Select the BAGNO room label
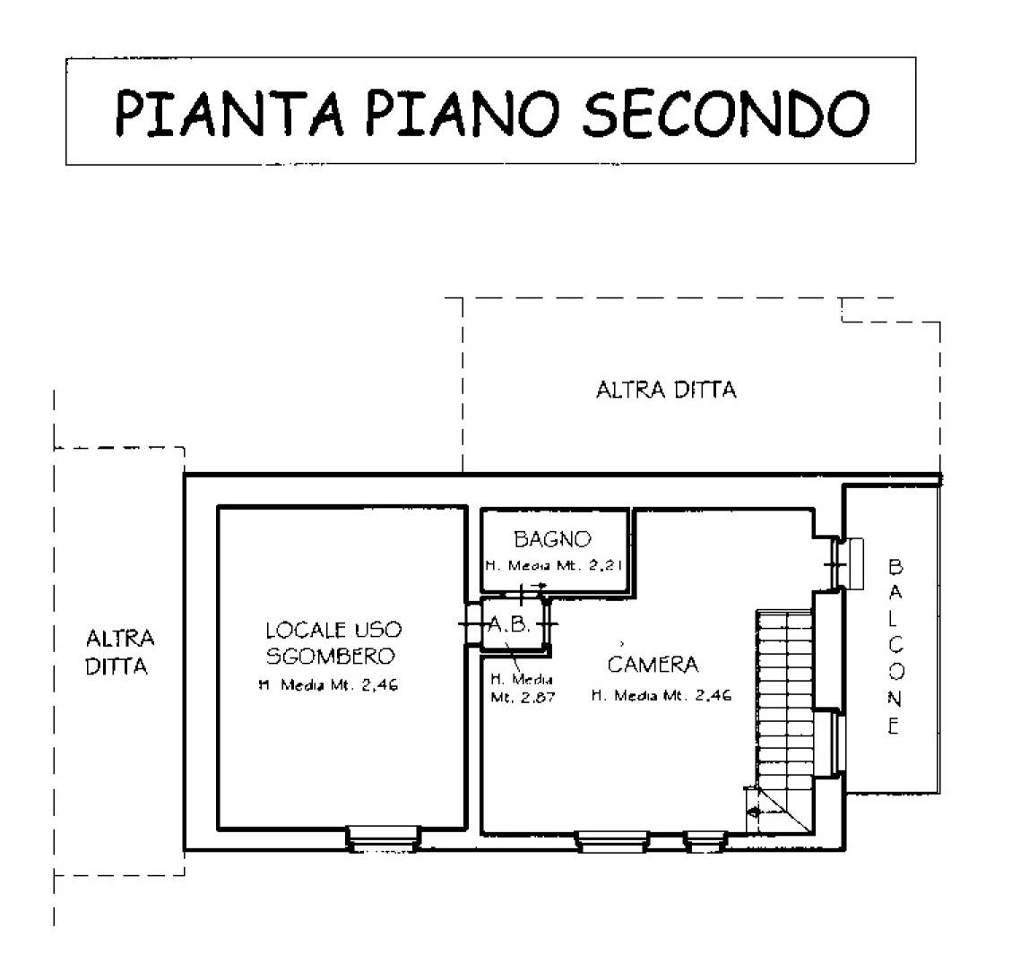[552, 539]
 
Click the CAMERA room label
[652, 665]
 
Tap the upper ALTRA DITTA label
[665, 391]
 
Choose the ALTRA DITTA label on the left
[119, 652]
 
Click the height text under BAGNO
[553, 565]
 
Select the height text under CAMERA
[661, 696]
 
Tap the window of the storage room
[383, 838]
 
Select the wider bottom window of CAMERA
[612, 840]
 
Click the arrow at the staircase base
[755, 812]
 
